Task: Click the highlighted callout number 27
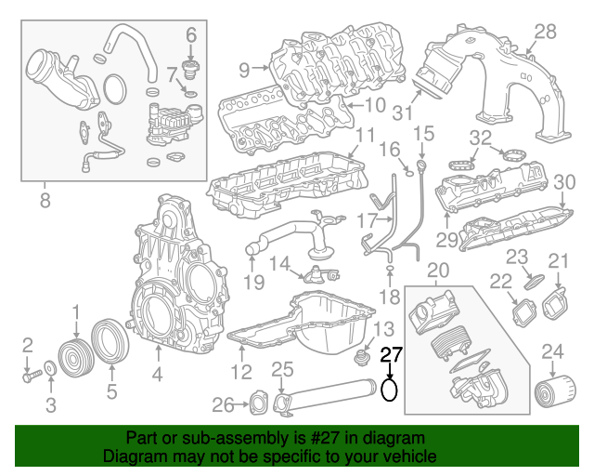[x=393, y=354]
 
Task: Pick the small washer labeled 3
[x=50, y=372]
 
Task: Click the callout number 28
[x=545, y=33]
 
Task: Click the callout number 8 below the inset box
[x=45, y=198]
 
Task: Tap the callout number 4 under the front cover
[x=158, y=376]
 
